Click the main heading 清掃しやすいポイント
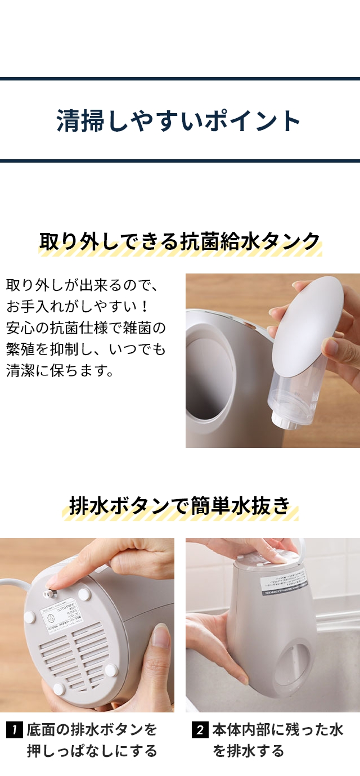(x=179, y=121)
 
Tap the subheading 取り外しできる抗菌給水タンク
(x=179, y=241)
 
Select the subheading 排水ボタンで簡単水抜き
(x=179, y=505)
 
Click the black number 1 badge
(x=14, y=730)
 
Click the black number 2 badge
(x=200, y=730)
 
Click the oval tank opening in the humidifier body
(x=208, y=377)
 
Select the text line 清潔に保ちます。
(x=60, y=371)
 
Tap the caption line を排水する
(x=248, y=751)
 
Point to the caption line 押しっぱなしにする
(x=92, y=751)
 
